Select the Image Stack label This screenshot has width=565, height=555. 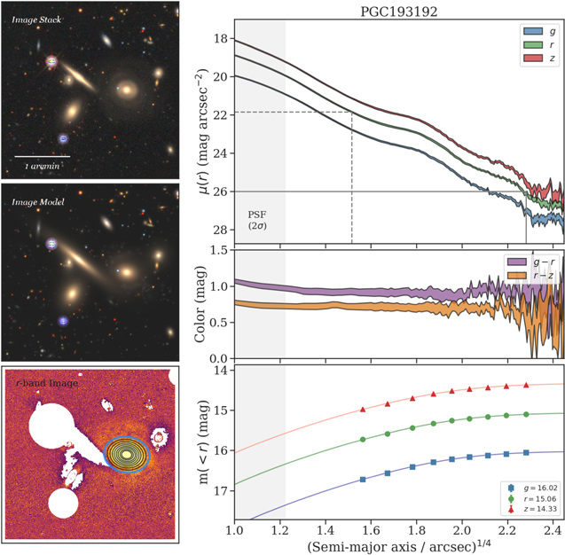[x=35, y=19]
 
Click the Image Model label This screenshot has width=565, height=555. [x=35, y=201]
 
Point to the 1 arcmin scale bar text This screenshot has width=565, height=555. [x=42, y=166]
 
